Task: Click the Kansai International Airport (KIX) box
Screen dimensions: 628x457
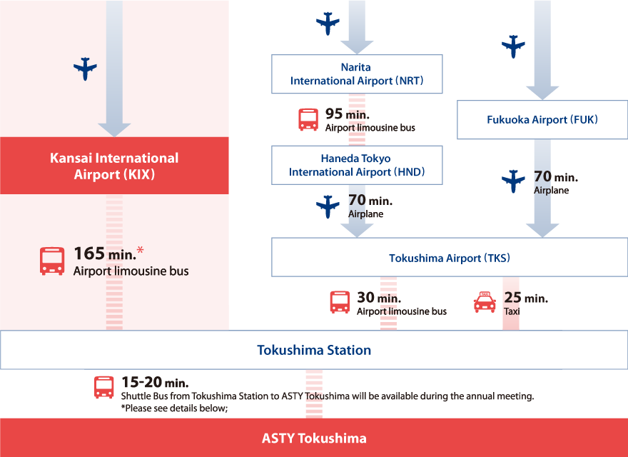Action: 114,166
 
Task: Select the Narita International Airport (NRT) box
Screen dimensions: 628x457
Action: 357,74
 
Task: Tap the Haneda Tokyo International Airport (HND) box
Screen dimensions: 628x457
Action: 357,165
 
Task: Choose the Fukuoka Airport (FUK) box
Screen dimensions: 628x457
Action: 542,120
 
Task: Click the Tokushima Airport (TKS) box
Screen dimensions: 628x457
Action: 450,257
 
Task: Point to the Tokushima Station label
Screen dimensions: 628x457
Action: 314,350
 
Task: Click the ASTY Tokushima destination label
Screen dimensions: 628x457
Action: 314,438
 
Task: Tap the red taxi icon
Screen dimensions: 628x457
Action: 485,302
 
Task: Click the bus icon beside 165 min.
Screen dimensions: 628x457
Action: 52,261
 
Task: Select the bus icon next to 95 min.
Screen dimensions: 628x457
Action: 308,119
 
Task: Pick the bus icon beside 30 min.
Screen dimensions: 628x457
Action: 340,302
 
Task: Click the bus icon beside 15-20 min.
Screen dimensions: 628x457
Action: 103,387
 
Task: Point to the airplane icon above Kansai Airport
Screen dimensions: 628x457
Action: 85,69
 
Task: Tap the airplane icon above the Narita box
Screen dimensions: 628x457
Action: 328,24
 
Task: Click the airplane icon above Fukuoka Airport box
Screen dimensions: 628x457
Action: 513,46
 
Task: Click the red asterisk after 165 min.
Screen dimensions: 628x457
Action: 140,251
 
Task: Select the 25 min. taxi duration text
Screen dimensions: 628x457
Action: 526,298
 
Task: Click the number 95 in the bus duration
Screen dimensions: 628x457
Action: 334,114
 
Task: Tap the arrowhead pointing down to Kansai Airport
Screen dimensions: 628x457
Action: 114,130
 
